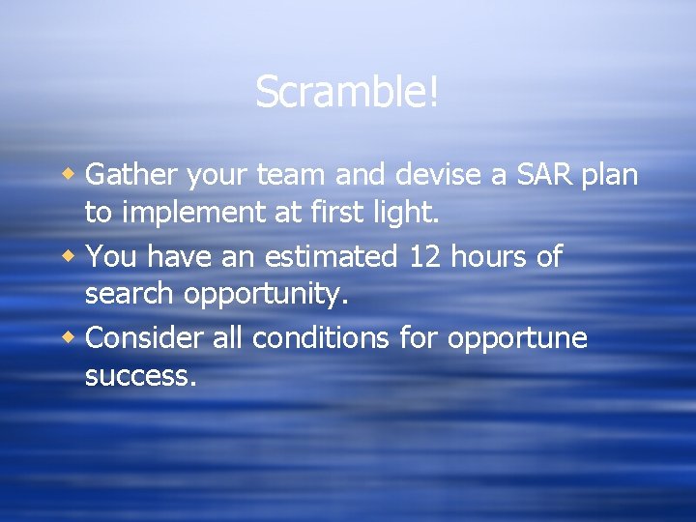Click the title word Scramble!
347,93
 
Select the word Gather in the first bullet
131,175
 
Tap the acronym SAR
540,175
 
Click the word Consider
143,339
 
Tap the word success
140,376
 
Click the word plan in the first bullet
611,177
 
